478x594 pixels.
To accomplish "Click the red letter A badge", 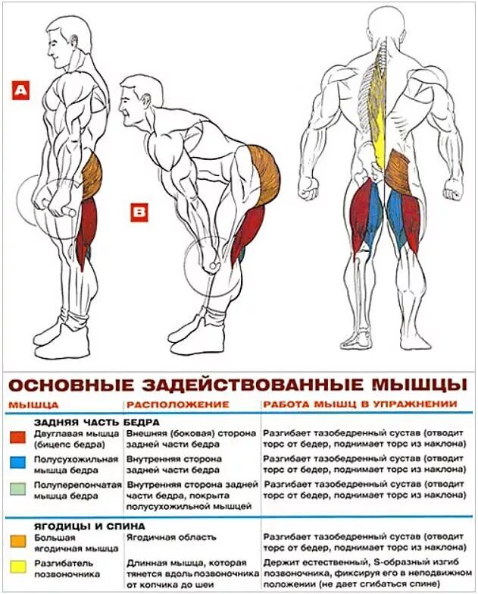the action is [20, 91].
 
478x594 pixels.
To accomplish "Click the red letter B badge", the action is [139, 213].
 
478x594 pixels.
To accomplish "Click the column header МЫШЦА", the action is [33, 404].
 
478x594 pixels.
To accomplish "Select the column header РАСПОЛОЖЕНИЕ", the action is [177, 404].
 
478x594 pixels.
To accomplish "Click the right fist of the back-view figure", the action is [452, 187].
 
